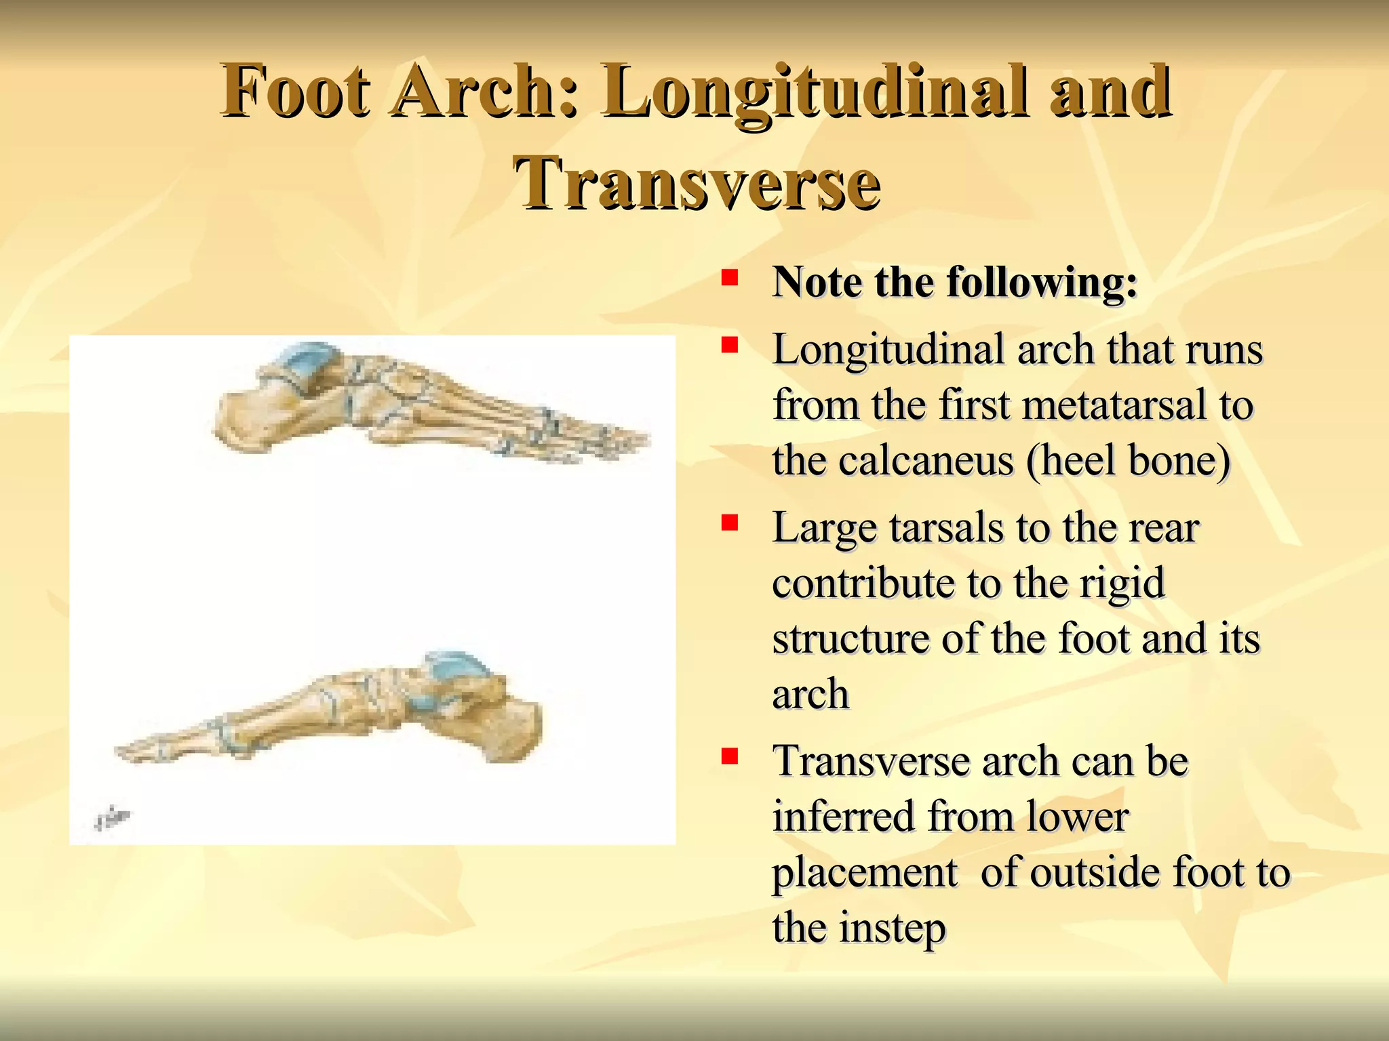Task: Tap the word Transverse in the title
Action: point(697,183)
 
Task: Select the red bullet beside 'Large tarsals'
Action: point(729,523)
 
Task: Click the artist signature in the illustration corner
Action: point(112,819)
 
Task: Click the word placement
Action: point(865,872)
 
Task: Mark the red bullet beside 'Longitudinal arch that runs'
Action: point(729,346)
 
